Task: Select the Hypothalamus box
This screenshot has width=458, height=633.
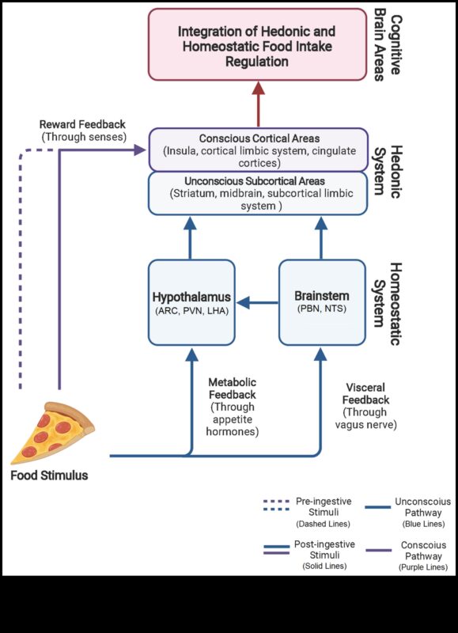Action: pyautogui.click(x=190, y=302)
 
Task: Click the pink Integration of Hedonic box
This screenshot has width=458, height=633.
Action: pyautogui.click(x=256, y=44)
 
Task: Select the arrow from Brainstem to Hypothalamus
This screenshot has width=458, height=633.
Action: pyautogui.click(x=257, y=302)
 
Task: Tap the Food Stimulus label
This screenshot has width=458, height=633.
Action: pyautogui.click(x=49, y=476)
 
